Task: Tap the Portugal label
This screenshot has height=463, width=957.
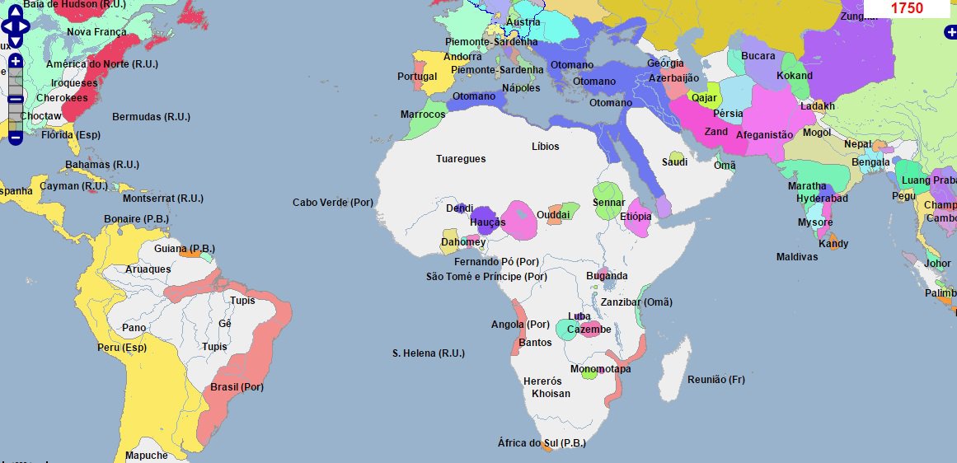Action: pyautogui.click(x=417, y=77)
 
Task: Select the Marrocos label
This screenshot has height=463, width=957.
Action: pyautogui.click(x=423, y=115)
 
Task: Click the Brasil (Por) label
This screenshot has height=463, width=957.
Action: pyautogui.click(x=237, y=387)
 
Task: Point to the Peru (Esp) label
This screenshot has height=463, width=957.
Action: pyautogui.click(x=122, y=347)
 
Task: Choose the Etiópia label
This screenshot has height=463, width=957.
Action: pyautogui.click(x=636, y=217)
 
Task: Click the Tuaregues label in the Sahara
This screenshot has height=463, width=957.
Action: pyautogui.click(x=461, y=158)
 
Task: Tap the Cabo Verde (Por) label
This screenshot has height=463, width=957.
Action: pyautogui.click(x=333, y=203)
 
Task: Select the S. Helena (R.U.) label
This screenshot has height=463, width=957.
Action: pyautogui.click(x=429, y=353)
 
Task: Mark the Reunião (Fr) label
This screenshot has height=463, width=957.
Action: pyautogui.click(x=715, y=379)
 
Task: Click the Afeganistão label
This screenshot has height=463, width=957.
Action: pyautogui.click(x=764, y=134)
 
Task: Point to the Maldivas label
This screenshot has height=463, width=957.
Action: pyautogui.click(x=797, y=257)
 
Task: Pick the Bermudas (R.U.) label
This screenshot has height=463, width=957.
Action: pyautogui.click(x=152, y=116)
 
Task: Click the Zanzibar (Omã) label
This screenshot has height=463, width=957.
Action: pyautogui.click(x=636, y=302)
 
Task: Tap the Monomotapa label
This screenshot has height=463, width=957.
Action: pyautogui.click(x=600, y=369)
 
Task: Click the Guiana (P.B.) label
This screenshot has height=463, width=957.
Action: pyautogui.click(x=185, y=248)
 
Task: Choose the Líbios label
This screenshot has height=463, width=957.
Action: pyautogui.click(x=546, y=147)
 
